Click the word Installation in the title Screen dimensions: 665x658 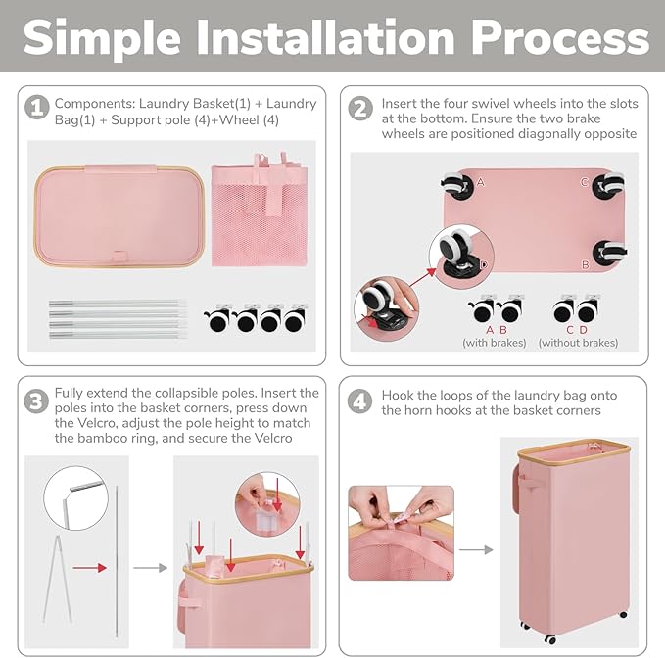point(325,38)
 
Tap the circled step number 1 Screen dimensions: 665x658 point(37,108)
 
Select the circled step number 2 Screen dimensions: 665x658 point(360,108)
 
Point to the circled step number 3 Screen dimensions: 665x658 point(36,401)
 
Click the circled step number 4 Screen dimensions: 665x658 point(359,401)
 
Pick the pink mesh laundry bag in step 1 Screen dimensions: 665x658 point(260,210)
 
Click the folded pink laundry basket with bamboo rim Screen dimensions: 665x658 point(119,216)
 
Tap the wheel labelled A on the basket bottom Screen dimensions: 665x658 point(456,185)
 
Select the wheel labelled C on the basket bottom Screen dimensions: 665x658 point(608,185)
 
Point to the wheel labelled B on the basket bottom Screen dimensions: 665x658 point(610,253)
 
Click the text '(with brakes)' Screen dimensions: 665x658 point(494,343)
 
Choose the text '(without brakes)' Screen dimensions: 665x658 point(578,343)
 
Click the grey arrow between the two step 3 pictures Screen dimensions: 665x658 point(150,568)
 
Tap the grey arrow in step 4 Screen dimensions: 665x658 point(476,550)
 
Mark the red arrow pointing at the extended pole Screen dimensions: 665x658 point(89,568)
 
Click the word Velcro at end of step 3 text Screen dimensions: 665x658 point(272,438)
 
